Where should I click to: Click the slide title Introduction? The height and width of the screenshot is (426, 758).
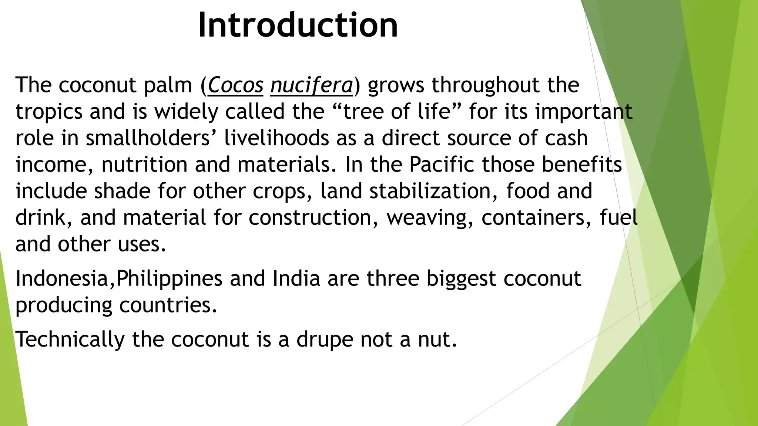point(298,25)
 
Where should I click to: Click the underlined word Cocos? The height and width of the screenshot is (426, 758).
point(235,85)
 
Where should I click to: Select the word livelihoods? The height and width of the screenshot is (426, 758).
point(277,138)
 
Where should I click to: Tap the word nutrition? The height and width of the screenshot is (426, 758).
point(144,165)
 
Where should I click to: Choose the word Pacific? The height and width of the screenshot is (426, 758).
point(442,165)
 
